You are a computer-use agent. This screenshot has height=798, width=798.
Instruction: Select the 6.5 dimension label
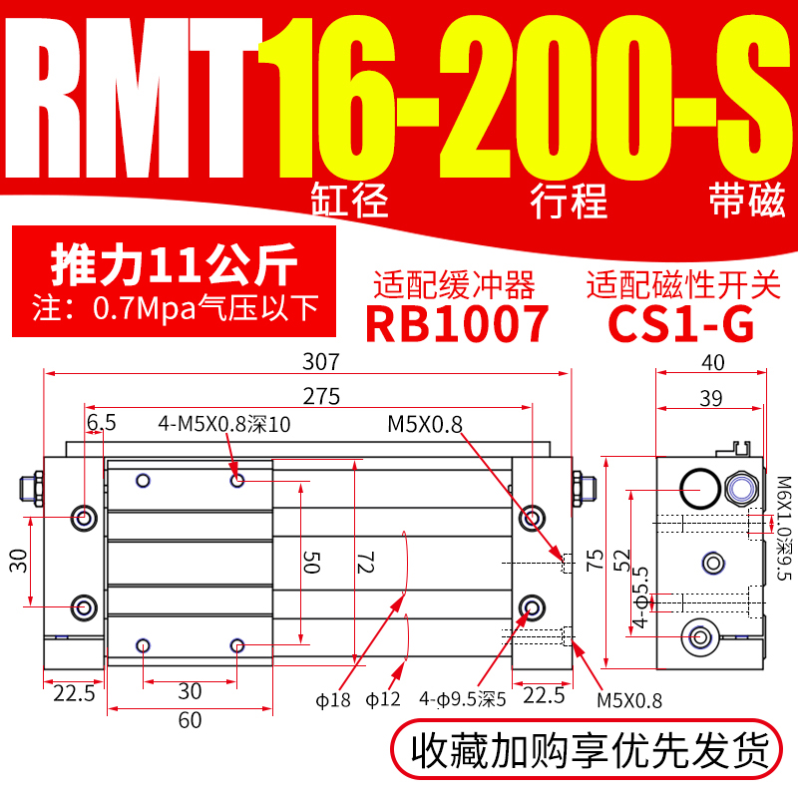(x=102, y=423)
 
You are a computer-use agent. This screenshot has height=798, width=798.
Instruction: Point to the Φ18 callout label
(x=341, y=698)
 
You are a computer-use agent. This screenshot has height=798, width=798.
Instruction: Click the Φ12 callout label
(x=383, y=698)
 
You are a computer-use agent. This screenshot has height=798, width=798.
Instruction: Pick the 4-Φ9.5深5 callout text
(x=464, y=698)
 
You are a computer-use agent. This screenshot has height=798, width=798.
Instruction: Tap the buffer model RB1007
(x=458, y=323)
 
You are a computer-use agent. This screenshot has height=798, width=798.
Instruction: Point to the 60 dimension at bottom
(x=190, y=720)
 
